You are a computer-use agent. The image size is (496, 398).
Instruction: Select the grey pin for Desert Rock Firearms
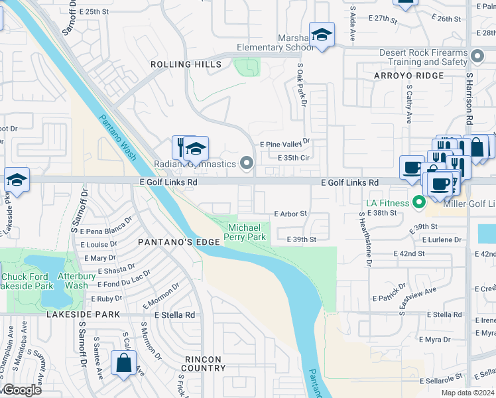click(477, 54)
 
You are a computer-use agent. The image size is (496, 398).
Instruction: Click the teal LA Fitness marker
click(418, 202)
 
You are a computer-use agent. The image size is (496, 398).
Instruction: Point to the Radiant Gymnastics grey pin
click(247, 163)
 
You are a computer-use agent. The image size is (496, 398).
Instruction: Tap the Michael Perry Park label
click(247, 232)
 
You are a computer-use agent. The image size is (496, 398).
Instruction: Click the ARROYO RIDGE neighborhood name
click(408, 76)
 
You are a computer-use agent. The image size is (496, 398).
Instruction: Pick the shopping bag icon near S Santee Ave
click(124, 364)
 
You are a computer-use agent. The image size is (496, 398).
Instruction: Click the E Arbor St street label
click(290, 214)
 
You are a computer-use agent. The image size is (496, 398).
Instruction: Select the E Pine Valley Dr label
click(285, 143)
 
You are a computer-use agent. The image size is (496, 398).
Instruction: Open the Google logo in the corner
click(21, 390)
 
